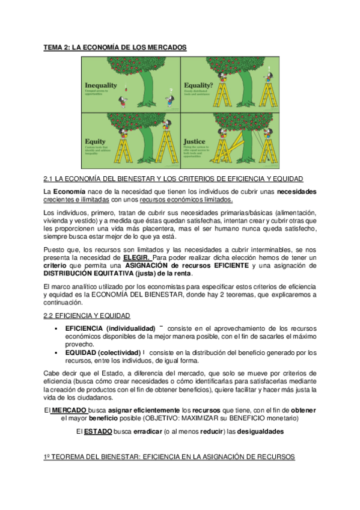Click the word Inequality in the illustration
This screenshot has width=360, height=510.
(x=102, y=85)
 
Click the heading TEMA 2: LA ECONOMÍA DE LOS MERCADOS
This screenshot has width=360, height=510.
(x=115, y=46)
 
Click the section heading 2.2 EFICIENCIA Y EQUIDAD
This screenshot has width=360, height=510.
(x=87, y=315)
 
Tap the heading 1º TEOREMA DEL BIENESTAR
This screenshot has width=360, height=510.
(x=169, y=456)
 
